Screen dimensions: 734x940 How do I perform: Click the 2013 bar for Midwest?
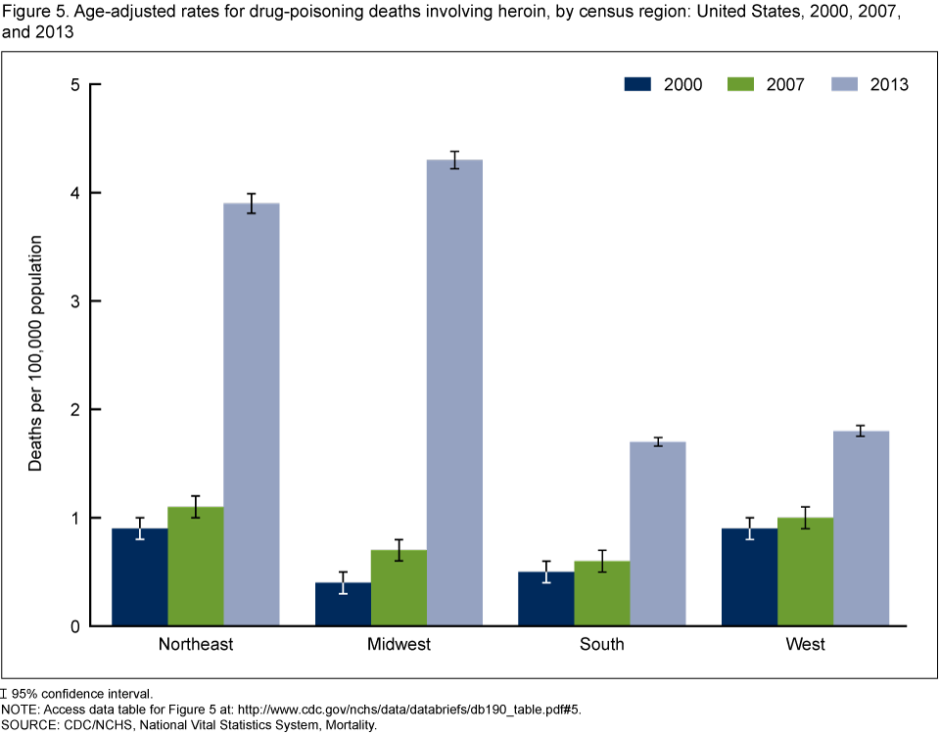click(454, 391)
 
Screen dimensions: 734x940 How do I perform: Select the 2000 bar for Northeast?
click(140, 576)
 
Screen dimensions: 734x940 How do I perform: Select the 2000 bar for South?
click(545, 598)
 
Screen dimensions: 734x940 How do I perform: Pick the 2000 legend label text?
click(682, 84)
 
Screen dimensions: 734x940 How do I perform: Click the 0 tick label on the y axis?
click(73, 626)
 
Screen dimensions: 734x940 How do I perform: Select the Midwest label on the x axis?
click(399, 644)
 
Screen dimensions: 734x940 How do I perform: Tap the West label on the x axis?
click(805, 644)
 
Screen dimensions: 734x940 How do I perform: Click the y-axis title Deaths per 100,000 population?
click(35, 353)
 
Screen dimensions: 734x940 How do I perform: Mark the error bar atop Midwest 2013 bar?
click(454, 160)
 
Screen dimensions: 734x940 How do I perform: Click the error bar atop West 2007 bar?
click(805, 518)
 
